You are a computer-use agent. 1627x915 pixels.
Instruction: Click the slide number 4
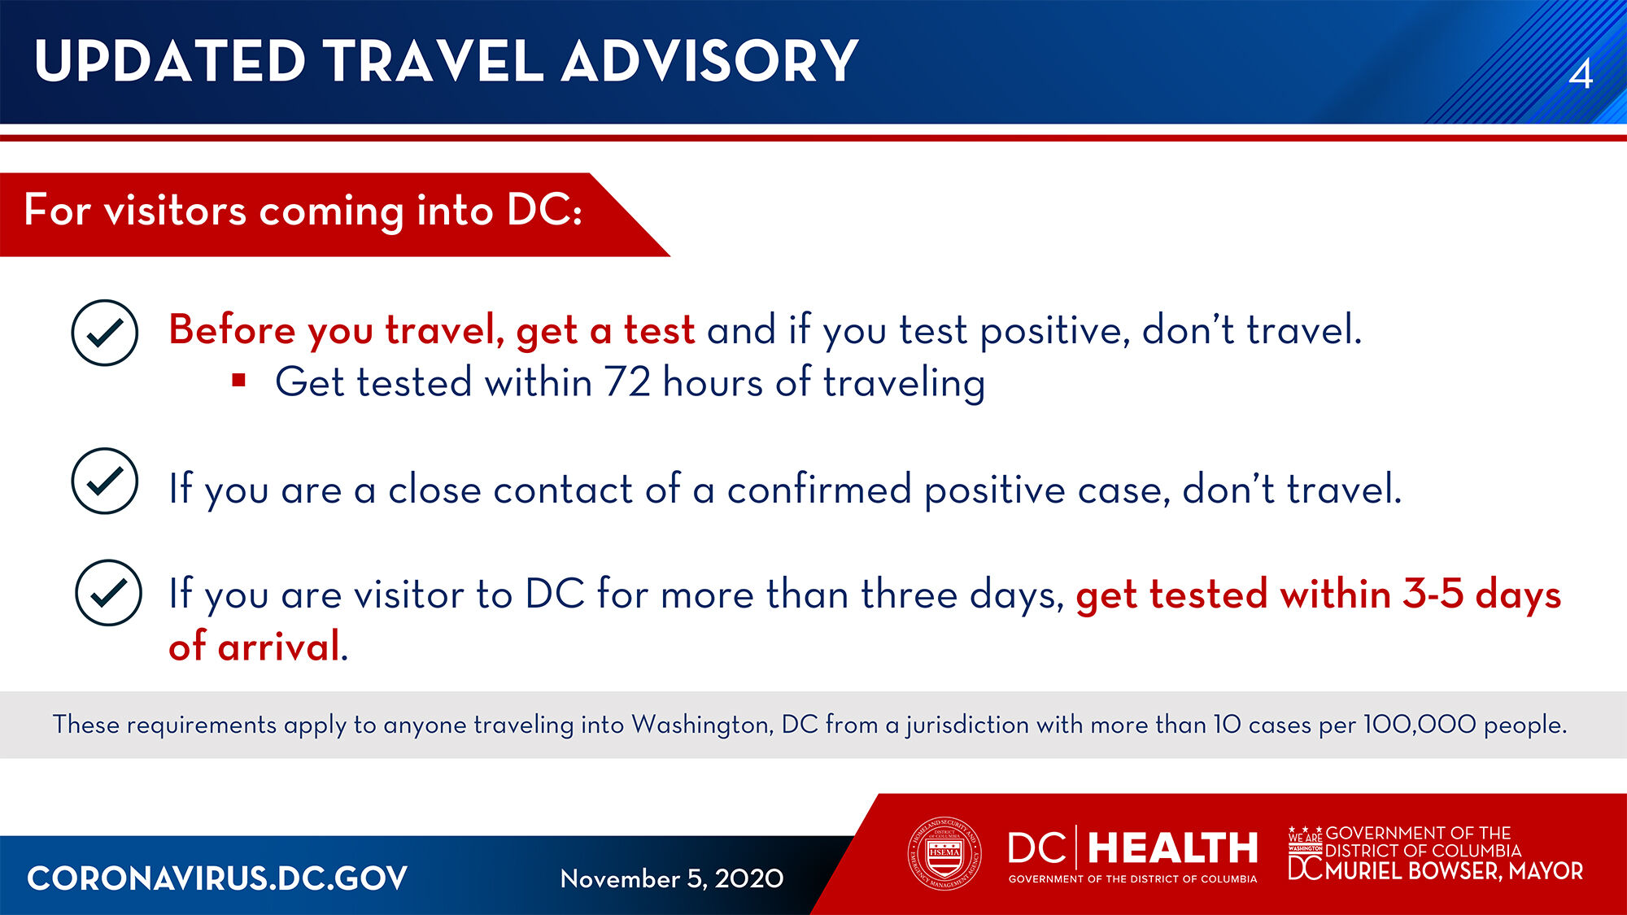tap(1581, 74)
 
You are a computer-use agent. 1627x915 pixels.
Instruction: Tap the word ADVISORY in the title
tap(710, 61)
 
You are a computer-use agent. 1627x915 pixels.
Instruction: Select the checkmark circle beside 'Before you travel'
tap(105, 333)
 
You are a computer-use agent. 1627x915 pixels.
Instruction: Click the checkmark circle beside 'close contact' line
tap(105, 481)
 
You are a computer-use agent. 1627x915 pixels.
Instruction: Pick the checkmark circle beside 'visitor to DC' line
tap(108, 593)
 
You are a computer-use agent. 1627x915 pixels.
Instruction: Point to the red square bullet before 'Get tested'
tap(238, 380)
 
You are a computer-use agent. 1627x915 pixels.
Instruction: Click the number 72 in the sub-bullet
tap(627, 381)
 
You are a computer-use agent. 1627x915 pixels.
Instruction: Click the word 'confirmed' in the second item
tap(819, 489)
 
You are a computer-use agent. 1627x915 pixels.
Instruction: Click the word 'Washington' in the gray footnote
tap(702, 725)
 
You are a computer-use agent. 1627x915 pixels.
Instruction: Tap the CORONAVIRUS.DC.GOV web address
tap(217, 878)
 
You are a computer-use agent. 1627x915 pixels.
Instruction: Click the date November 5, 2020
tap(672, 878)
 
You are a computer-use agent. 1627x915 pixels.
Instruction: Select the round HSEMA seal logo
tap(944, 853)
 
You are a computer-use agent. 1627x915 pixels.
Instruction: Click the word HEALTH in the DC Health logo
tap(1172, 848)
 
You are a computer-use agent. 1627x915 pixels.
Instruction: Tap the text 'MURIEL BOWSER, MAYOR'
tap(1454, 871)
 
